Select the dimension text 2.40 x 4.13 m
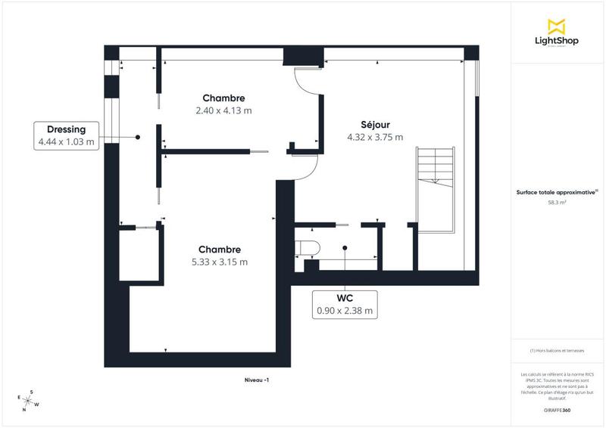[223, 110]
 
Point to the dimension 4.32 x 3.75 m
[374, 138]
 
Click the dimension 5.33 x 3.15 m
[220, 262]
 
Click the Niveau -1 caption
[257, 380]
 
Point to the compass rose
[28, 400]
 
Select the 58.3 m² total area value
[557, 202]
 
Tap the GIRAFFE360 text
[557, 408]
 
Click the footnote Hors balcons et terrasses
[557, 350]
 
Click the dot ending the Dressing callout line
[138, 137]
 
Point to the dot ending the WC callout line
[344, 247]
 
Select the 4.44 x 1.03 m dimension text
[67, 141]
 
